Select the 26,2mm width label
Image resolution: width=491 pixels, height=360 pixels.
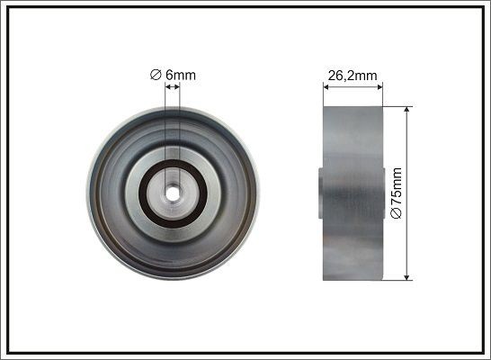(x=352, y=76)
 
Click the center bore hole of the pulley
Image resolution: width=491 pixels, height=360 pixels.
(x=172, y=192)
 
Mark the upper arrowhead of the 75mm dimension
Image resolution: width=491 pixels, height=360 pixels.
(x=408, y=110)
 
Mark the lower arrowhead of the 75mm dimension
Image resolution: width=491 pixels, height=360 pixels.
(x=408, y=274)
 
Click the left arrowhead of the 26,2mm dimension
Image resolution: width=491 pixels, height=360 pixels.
(x=326, y=87)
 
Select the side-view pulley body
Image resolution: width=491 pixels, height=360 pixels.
(x=353, y=192)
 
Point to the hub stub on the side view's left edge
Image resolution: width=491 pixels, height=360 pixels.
(x=320, y=191)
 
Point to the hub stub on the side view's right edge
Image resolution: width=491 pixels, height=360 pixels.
(x=386, y=192)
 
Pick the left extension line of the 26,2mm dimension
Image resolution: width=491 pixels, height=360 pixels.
(x=323, y=94)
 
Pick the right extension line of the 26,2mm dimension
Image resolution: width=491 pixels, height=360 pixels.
(x=384, y=94)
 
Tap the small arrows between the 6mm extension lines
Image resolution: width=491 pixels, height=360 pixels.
(x=172, y=87)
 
